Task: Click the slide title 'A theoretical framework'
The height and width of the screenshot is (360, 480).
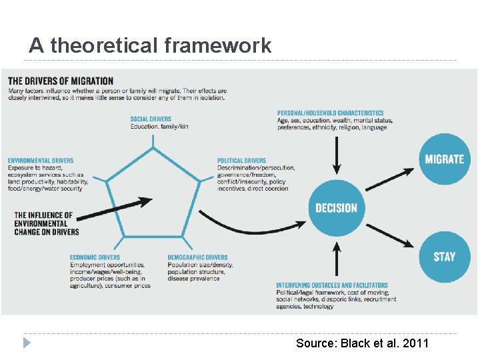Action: (150, 45)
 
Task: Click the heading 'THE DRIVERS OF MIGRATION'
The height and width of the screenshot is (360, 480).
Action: (61, 81)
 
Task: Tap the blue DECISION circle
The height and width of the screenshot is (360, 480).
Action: (336, 208)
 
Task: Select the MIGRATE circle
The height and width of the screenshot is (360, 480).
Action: (444, 159)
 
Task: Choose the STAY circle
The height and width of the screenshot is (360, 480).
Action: (444, 257)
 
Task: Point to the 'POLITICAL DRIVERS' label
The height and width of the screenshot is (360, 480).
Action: (241, 161)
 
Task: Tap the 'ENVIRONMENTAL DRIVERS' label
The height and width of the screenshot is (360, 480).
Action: (41, 161)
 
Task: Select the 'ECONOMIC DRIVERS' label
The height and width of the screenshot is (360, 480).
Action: (95, 257)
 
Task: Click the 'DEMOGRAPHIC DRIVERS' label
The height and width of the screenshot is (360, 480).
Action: (197, 257)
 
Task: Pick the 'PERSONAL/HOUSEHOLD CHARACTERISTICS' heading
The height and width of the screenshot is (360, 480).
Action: (331, 113)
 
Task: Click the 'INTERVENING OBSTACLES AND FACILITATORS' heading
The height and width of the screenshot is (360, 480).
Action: (332, 285)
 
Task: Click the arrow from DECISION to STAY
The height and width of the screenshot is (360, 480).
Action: (390, 235)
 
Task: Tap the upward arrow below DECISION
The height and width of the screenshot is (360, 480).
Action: (337, 260)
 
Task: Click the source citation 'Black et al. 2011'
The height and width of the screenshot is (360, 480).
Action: (362, 343)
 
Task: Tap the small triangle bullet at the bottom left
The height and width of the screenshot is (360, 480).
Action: (27, 343)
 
